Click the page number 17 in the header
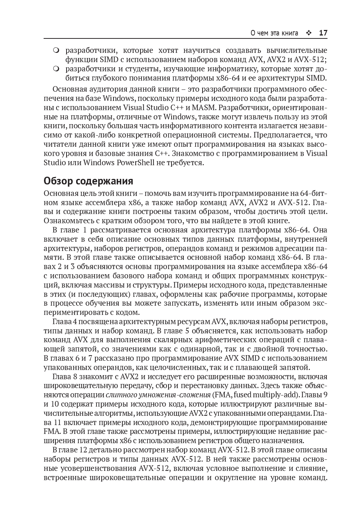pos(323,33)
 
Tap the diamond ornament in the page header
pos(309,33)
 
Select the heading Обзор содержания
pos(88,181)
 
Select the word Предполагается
pos(283,135)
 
